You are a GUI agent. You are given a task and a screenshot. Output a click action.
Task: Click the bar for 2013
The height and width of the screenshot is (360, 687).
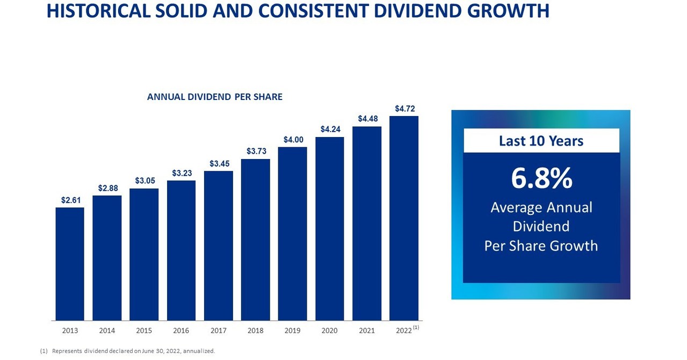(70, 264)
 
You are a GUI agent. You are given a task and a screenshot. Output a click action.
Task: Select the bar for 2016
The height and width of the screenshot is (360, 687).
(181, 250)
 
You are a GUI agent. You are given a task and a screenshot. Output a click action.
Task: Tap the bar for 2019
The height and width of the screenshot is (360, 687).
(292, 234)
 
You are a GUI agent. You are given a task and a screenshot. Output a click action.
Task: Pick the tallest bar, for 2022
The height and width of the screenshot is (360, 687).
(404, 218)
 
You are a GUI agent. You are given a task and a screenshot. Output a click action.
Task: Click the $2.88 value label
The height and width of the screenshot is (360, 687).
(107, 188)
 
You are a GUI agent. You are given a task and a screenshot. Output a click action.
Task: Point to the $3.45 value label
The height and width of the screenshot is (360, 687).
(219, 163)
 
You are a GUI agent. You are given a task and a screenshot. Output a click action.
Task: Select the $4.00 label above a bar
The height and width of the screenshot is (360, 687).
(293, 140)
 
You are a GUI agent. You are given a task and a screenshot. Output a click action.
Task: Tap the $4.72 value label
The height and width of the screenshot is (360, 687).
(405, 109)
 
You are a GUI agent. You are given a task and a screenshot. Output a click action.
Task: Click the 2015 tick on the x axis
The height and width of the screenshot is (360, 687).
(144, 330)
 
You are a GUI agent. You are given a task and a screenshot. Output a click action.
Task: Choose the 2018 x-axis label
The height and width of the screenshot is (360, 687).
(256, 330)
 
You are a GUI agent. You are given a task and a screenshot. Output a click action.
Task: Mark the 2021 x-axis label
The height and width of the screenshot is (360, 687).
(367, 330)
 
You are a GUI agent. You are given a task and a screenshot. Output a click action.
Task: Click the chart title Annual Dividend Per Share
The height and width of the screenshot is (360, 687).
(214, 97)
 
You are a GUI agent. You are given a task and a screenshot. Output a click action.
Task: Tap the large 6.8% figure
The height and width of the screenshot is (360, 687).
(541, 178)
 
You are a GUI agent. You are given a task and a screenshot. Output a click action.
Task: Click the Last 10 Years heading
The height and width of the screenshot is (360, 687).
(541, 141)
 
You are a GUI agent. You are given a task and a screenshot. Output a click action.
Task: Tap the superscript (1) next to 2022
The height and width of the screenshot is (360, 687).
(416, 327)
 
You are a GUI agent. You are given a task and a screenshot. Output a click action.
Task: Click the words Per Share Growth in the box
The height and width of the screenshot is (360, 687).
(541, 246)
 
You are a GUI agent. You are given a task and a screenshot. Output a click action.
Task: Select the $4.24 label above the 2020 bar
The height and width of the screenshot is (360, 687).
(330, 129)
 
